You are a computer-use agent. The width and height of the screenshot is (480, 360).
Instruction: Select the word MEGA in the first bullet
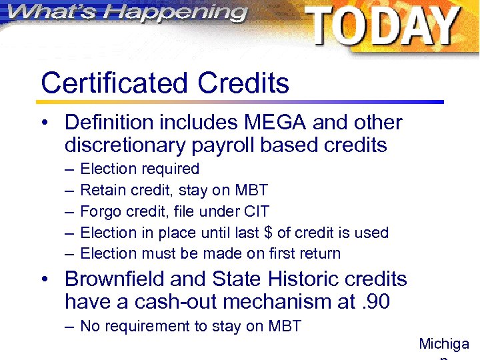(276, 123)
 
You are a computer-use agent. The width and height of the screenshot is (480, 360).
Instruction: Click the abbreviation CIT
(255, 211)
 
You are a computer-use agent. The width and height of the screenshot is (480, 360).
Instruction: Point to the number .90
(375, 302)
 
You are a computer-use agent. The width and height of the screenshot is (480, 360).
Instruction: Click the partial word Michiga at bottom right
(443, 344)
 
